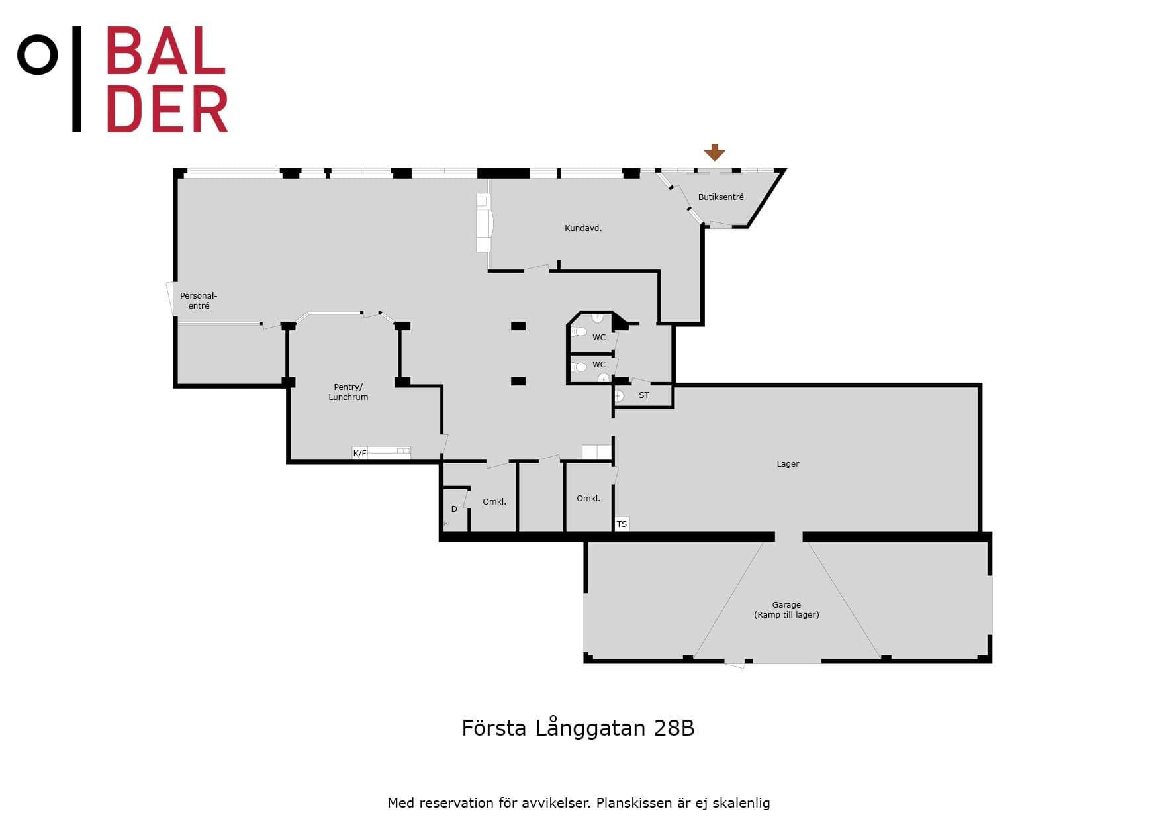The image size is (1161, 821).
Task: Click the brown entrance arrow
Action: (714, 152)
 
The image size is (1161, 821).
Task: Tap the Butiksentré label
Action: (721, 197)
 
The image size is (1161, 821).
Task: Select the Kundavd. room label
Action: (583, 228)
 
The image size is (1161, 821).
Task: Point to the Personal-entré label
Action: (199, 301)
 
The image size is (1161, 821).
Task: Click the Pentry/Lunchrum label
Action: (348, 392)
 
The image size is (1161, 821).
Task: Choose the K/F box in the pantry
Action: (359, 454)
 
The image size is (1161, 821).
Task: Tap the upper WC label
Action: (599, 338)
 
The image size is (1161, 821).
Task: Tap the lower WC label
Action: (599, 365)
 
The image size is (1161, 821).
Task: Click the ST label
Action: (644, 395)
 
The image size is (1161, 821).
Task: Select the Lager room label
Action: (788, 464)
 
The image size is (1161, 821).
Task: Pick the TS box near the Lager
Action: (622, 524)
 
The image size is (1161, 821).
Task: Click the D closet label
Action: (454, 509)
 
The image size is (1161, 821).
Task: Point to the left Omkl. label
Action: (494, 502)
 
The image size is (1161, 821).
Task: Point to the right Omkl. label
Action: (588, 499)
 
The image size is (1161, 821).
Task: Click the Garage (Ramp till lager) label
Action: (786, 610)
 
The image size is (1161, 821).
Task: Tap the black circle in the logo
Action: (38, 55)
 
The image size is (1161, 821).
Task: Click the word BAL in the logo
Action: (166, 51)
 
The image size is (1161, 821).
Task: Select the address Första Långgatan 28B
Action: (578, 728)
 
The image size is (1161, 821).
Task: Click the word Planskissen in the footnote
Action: (633, 803)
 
